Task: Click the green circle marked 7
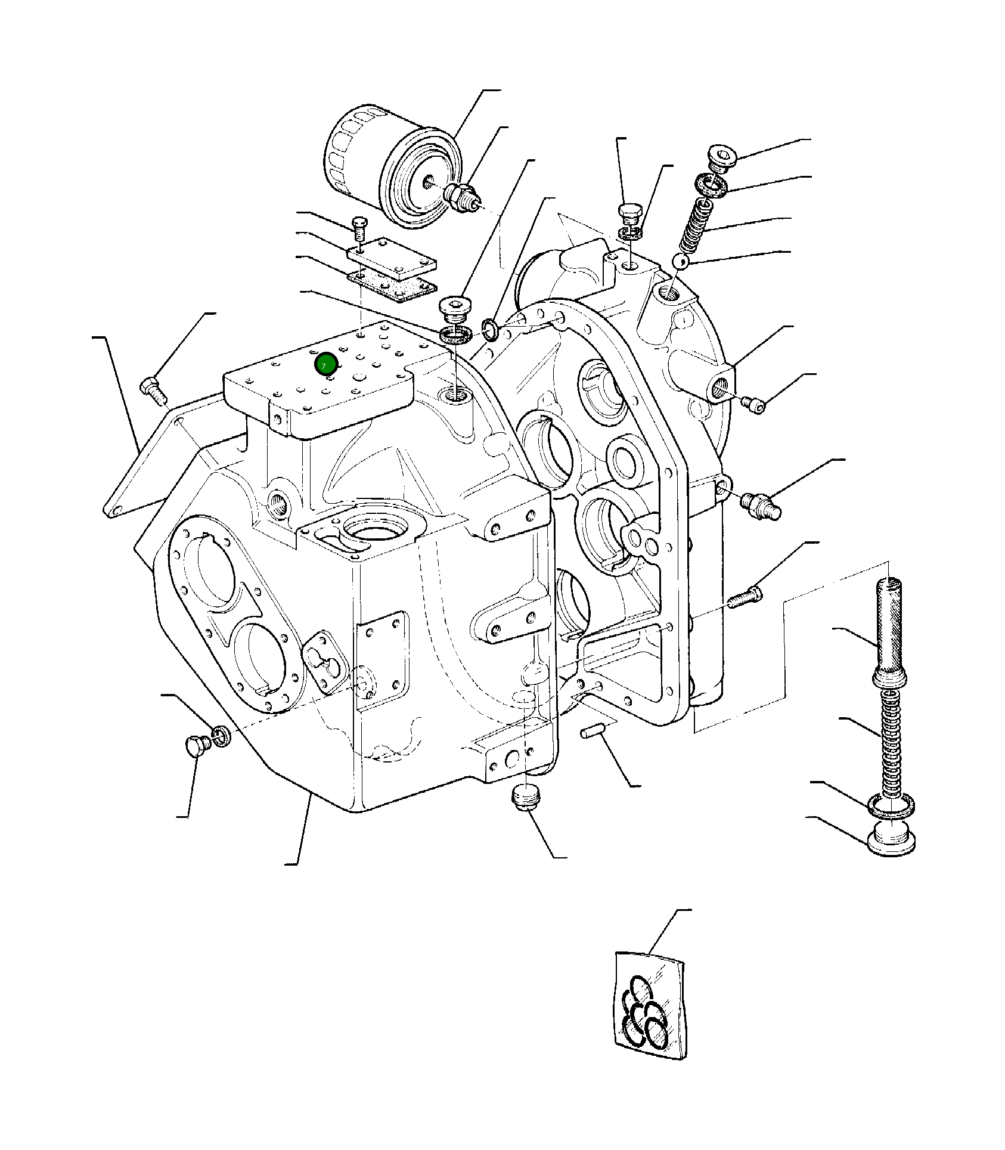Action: click(326, 365)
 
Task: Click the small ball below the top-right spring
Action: click(680, 261)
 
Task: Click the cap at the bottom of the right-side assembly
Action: click(891, 837)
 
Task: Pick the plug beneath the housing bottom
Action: click(525, 798)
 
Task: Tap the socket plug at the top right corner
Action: click(723, 157)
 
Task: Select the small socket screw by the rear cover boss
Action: click(754, 404)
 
